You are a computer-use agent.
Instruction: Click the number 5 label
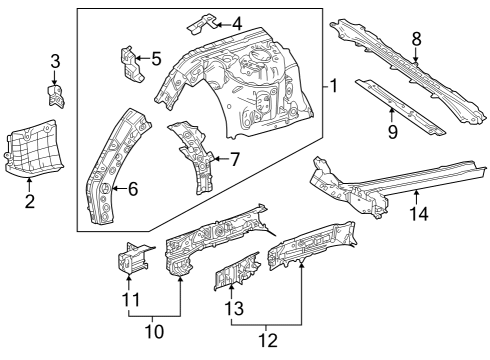[155, 58]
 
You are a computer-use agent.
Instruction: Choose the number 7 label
[234, 158]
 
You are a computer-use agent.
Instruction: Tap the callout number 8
[416, 39]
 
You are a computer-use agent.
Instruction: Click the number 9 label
[391, 130]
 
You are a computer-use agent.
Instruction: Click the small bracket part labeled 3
[56, 95]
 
